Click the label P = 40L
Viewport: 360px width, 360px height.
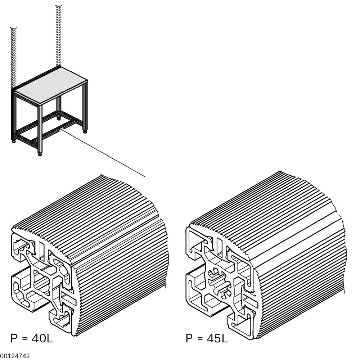pos(32,339)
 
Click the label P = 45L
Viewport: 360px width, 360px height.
pos(207,339)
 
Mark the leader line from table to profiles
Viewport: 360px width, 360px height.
pos(104,153)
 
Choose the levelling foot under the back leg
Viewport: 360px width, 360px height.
pos(59,117)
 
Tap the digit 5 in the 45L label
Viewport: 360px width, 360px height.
pos(217,339)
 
